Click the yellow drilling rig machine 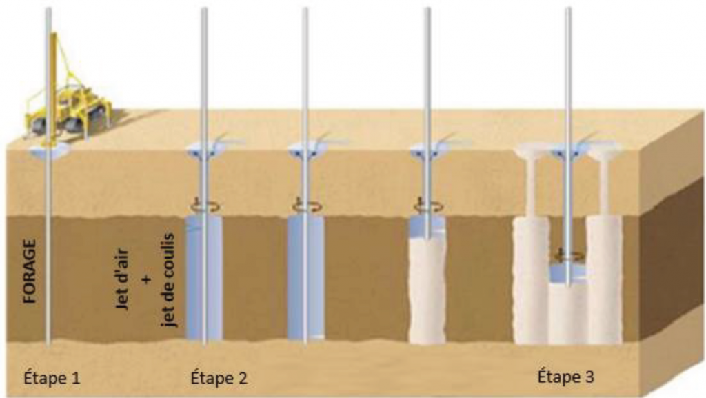[69, 103]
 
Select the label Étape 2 [218, 378]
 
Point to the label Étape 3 [565, 378]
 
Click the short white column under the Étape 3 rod [568, 310]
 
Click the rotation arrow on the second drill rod [204, 206]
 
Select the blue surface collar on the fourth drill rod [427, 148]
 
